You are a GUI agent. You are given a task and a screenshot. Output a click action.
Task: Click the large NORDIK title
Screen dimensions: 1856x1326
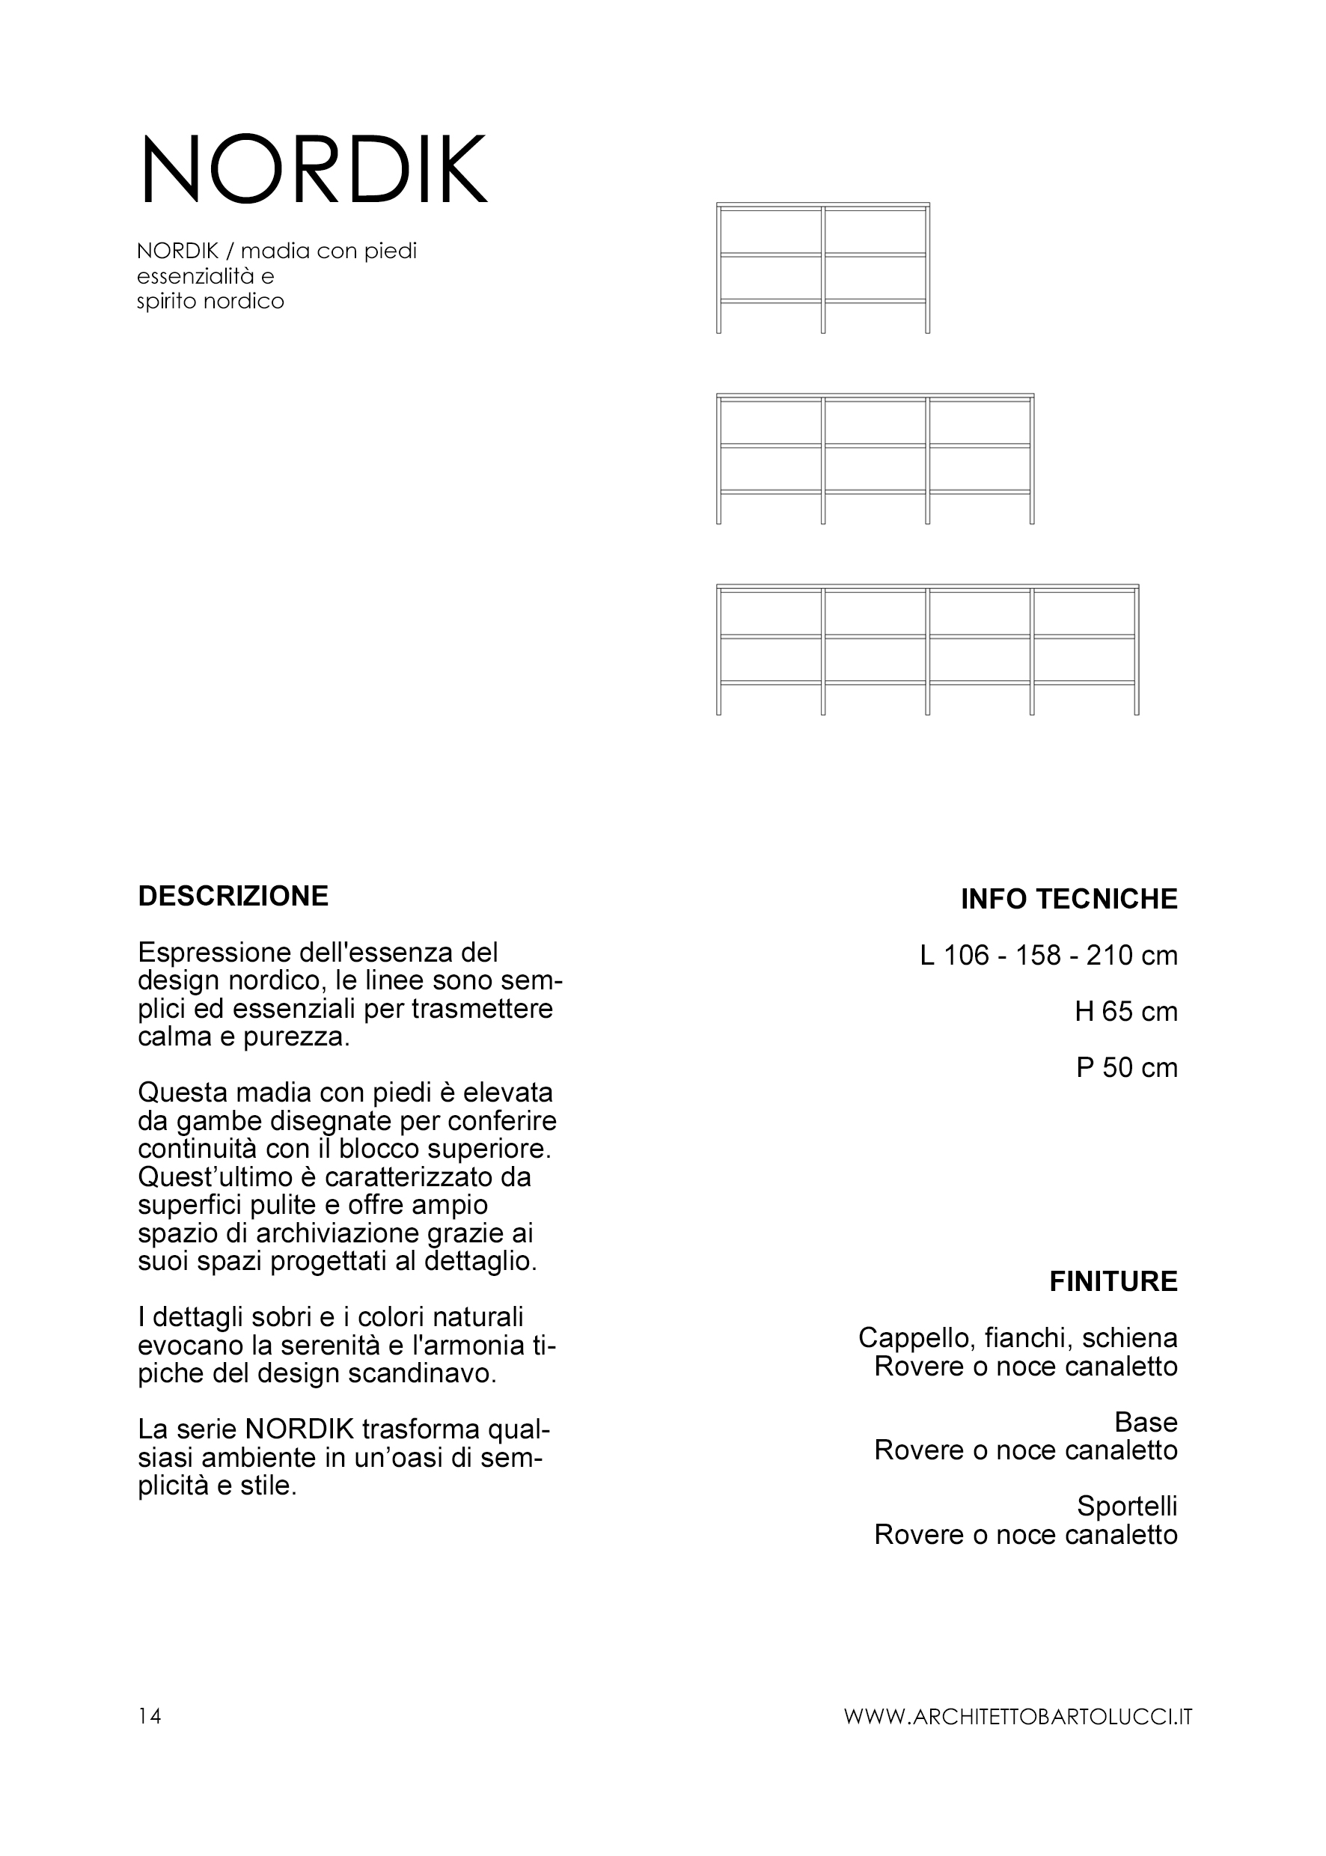point(314,170)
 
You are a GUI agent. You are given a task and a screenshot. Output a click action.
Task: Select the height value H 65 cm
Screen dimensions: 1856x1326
point(1126,1012)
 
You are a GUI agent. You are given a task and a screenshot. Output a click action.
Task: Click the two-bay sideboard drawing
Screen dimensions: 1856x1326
point(823,268)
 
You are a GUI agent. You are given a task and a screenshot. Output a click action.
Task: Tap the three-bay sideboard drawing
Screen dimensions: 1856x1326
point(876,459)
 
